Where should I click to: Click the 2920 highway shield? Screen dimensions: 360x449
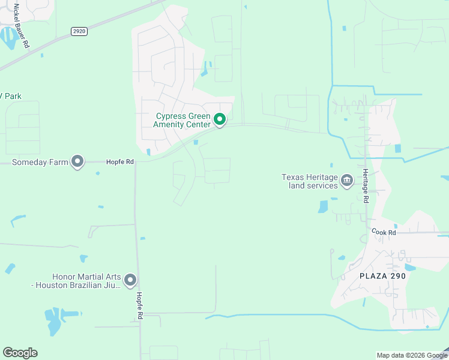click(79, 31)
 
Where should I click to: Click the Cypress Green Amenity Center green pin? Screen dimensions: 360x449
click(220, 120)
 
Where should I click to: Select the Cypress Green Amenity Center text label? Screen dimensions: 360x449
click(183, 120)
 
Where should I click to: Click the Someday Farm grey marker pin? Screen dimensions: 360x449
click(77, 161)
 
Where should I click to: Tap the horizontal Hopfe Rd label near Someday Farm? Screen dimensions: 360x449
click(119, 161)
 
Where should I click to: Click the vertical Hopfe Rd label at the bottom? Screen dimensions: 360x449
click(139, 306)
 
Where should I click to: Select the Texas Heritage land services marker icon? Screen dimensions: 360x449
click(347, 180)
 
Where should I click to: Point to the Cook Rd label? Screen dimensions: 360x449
click(384, 232)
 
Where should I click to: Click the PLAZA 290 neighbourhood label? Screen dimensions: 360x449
click(383, 276)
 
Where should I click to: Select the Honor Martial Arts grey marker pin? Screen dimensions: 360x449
click(130, 280)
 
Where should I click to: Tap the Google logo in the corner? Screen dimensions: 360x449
click(20, 353)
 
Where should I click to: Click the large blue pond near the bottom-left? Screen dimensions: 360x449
click(53, 322)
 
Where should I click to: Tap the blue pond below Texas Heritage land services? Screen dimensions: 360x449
click(324, 206)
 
